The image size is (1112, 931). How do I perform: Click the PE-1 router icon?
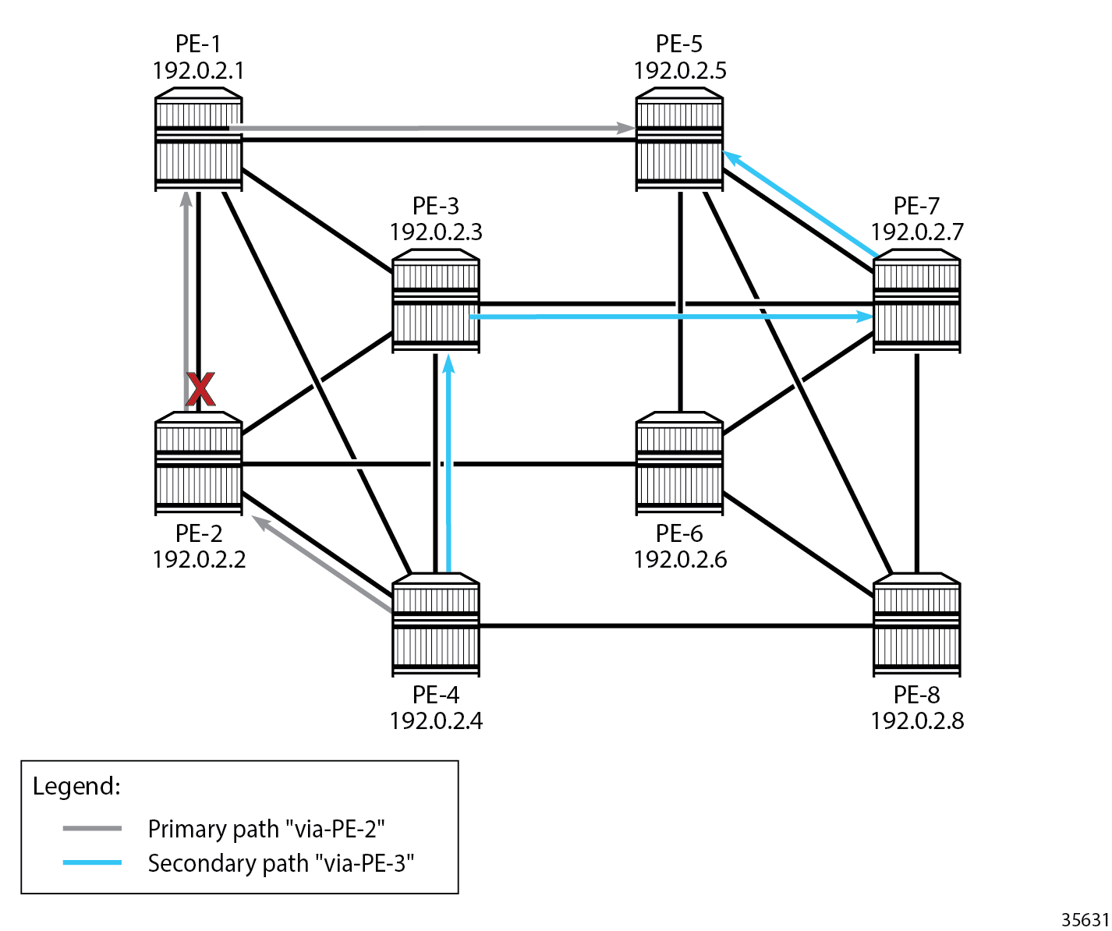coord(198,140)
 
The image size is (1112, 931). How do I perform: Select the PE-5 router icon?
coord(679,140)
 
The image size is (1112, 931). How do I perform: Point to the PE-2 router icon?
coord(198,463)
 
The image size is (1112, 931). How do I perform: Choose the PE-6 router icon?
coord(679,463)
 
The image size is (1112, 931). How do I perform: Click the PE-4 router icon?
coord(435,625)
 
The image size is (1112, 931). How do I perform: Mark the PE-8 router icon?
coord(916,625)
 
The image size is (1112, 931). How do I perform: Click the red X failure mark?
coord(200,389)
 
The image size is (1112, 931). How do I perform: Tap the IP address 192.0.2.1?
coord(198,71)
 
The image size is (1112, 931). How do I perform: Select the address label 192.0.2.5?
coord(679,71)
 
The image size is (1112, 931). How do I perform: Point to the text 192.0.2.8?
coord(917,720)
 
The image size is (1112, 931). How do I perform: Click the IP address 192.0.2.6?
coord(680,559)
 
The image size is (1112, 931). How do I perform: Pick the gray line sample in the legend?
coord(92,828)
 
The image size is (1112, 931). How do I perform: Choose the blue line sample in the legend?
coord(92,863)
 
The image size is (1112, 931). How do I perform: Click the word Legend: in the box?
coord(76,786)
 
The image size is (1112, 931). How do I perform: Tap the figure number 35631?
coord(1085,920)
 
